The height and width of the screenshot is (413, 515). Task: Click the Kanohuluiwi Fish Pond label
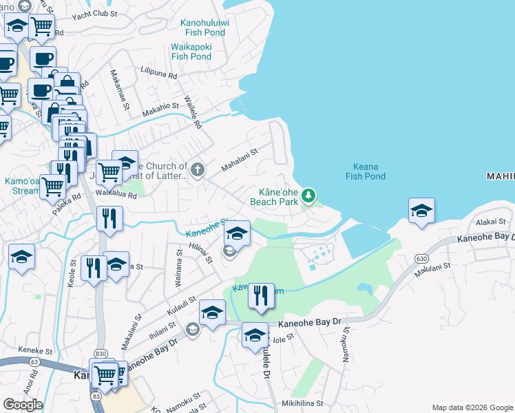pos(204,27)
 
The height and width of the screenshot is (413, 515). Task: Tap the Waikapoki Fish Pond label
pos(191,52)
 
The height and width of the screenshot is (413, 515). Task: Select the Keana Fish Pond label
pos(365,171)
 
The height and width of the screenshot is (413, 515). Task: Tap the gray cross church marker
pos(198,169)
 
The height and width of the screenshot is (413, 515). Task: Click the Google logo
pos(23,405)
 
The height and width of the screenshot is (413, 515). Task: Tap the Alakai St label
pos(491,222)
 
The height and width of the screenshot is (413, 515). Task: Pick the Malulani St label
pos(432,268)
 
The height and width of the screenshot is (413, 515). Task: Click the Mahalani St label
pos(239,160)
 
